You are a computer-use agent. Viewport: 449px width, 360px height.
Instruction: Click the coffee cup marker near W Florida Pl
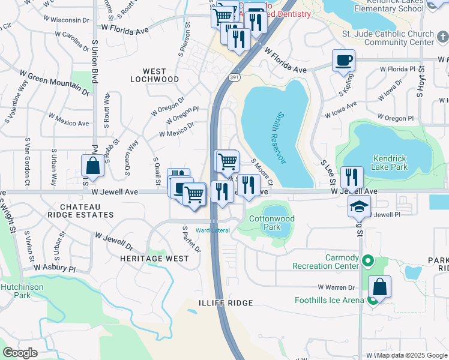tap(343, 61)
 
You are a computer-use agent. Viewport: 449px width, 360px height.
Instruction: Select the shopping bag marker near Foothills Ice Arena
tap(379, 287)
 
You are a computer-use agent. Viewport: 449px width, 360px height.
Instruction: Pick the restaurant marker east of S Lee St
tap(352, 178)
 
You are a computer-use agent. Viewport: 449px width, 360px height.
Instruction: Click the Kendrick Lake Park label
tap(390, 163)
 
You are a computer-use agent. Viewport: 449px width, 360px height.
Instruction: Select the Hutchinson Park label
tap(16, 291)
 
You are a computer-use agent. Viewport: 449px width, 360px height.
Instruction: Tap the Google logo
tap(20, 353)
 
